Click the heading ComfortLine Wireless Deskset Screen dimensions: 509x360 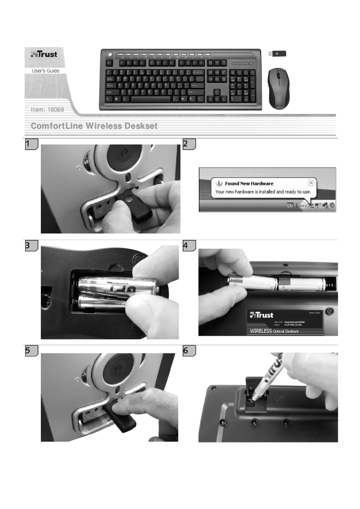(94, 126)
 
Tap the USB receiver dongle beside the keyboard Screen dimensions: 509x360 (277, 53)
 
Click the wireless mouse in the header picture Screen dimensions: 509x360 (278, 88)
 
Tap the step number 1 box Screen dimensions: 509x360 (30, 145)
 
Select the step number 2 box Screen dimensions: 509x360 (188, 145)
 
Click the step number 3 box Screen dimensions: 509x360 (30, 246)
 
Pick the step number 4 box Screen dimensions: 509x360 (188, 246)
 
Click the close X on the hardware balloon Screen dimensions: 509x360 (311, 183)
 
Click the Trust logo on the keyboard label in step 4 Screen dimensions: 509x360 (261, 315)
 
